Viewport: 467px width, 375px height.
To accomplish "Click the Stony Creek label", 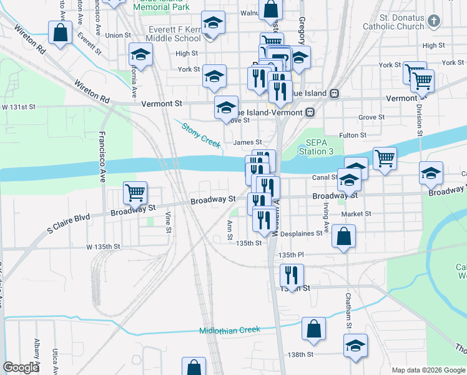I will [x=201, y=135].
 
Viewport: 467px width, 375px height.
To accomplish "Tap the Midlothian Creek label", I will [x=229, y=330].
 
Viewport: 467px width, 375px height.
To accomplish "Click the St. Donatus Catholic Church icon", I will [x=434, y=21].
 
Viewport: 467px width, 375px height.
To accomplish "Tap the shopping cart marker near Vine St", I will [x=135, y=192].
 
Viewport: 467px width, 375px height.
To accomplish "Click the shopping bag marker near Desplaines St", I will [x=343, y=236].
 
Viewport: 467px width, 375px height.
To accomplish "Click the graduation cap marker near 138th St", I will [x=355, y=345].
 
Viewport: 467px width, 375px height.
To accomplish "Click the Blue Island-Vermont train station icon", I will [x=310, y=112].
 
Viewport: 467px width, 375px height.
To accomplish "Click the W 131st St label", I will [x=18, y=107].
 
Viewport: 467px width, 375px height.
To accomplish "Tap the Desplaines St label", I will [x=302, y=234].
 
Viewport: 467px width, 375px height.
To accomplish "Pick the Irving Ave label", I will [x=326, y=216].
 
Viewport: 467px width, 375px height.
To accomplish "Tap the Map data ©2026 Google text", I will [x=428, y=369].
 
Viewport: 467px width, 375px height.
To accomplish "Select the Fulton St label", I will [x=353, y=135].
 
